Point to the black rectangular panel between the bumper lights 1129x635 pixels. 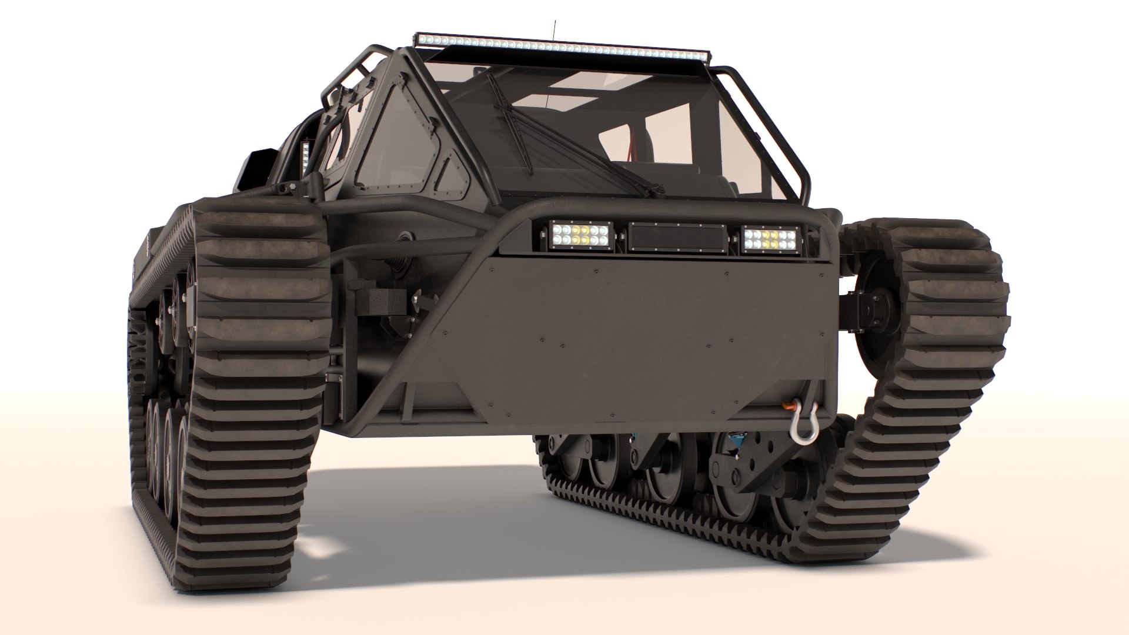676,238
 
